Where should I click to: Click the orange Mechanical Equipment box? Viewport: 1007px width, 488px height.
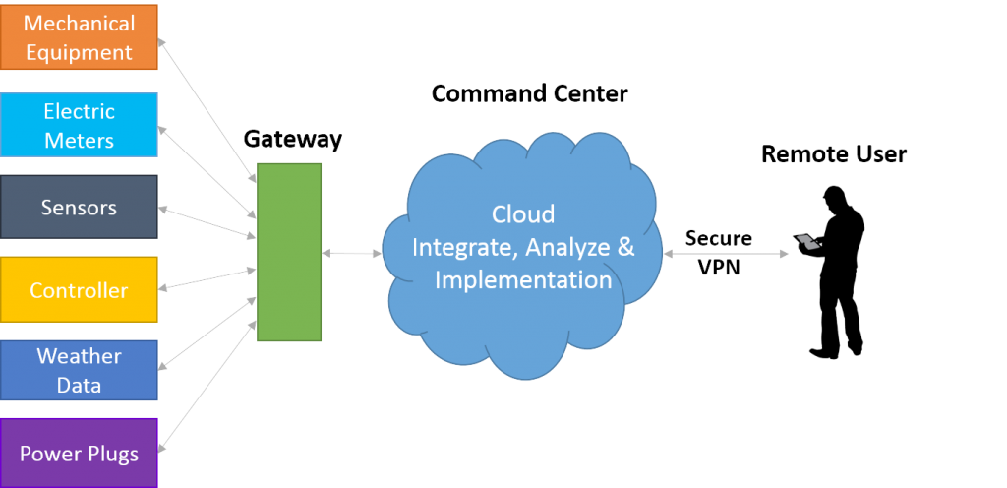tap(79, 36)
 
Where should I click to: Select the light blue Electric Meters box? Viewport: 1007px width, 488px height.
tap(79, 125)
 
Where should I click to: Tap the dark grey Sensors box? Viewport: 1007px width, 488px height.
tap(79, 208)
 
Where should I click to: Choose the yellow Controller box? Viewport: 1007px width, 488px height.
tap(79, 290)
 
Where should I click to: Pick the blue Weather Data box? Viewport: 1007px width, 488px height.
tap(79, 370)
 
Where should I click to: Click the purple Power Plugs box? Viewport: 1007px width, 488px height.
tap(79, 453)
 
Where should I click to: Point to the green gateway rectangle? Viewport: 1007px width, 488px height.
tap(289, 252)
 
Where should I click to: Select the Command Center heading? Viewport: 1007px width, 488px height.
tap(530, 94)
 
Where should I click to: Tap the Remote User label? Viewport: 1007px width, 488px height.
tap(833, 154)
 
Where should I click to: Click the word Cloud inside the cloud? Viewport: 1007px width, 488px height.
tap(523, 214)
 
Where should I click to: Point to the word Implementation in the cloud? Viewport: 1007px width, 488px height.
tap(523, 279)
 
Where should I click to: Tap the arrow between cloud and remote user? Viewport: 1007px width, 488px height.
tap(728, 253)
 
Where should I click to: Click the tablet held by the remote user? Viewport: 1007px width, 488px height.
tap(804, 239)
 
